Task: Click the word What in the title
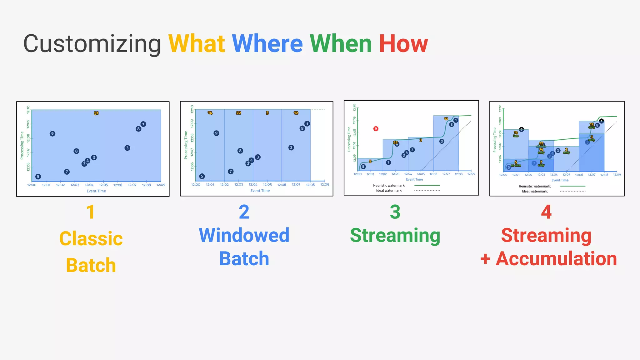[x=197, y=44]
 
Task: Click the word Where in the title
[x=267, y=44]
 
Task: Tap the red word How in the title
[x=403, y=44]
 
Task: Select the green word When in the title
[x=341, y=44]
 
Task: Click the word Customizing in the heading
[x=92, y=44]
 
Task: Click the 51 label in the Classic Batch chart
[x=96, y=113]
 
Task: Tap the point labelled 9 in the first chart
[x=52, y=133]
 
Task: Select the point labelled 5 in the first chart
[x=38, y=177]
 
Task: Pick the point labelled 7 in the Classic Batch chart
[x=67, y=172]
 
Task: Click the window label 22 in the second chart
[x=238, y=113]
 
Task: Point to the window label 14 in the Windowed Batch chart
[x=210, y=113]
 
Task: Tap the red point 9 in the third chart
[x=376, y=128]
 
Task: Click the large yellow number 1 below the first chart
[x=90, y=212]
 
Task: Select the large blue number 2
[x=244, y=212]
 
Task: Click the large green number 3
[x=395, y=212]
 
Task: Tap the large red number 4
[x=546, y=212]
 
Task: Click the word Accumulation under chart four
[x=556, y=259]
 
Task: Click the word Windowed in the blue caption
[x=244, y=235]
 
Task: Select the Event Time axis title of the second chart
[x=260, y=191]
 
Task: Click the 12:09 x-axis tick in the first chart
[x=161, y=185]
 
